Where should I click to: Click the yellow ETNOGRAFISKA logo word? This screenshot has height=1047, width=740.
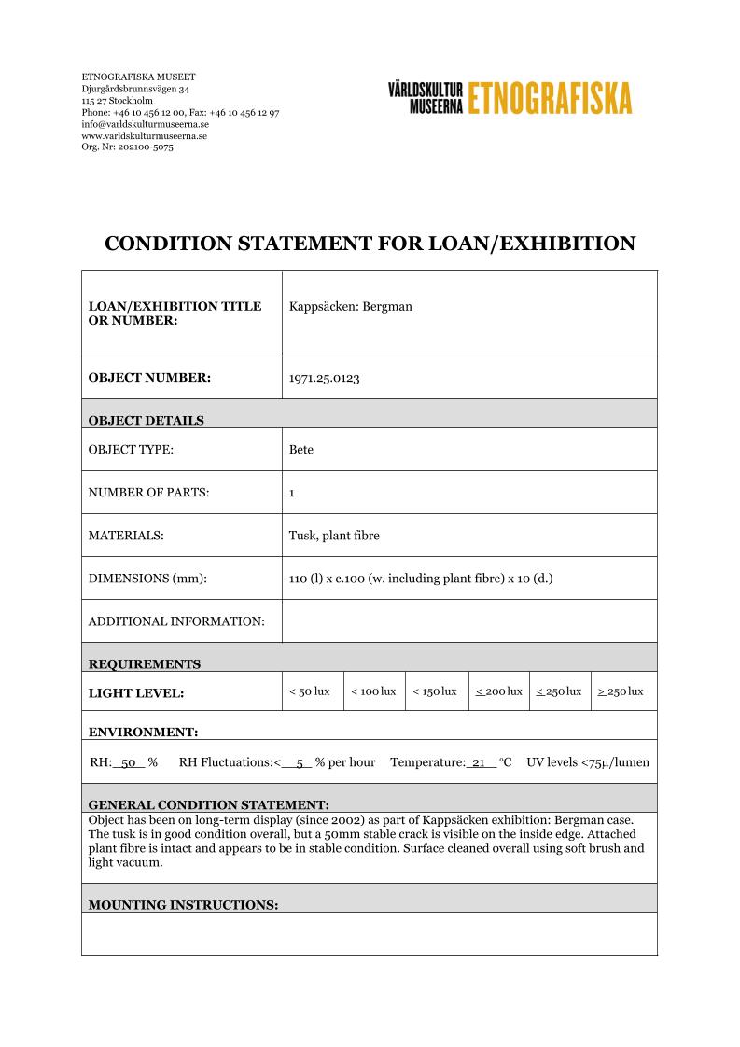coord(550,97)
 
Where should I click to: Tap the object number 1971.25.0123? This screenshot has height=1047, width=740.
coord(325,378)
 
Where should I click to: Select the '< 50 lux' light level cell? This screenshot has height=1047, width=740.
coord(310,691)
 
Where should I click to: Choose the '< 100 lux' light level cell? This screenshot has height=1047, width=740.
coord(373,691)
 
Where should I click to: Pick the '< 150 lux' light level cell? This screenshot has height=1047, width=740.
coord(435,691)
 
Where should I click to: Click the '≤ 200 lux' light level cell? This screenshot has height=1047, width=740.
coord(498,691)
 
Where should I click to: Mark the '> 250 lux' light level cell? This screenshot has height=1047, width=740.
coord(621,691)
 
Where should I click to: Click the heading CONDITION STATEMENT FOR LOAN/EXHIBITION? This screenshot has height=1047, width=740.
coord(370,244)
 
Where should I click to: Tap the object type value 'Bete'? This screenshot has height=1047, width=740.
coord(301,450)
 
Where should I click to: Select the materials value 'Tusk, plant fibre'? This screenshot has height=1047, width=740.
coord(334,536)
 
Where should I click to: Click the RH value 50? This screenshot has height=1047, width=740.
coord(130,762)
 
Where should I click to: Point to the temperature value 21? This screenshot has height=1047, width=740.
coord(480,762)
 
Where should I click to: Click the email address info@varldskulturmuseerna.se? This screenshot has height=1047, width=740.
coord(145,123)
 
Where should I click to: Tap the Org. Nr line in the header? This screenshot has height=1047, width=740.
coord(127,147)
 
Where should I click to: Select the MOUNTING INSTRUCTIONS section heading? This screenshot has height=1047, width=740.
coord(183,904)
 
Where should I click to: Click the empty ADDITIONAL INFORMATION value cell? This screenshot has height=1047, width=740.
coord(469,621)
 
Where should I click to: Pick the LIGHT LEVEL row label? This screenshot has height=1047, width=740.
coord(136,693)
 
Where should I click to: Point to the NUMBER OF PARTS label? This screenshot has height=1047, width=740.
coord(148,493)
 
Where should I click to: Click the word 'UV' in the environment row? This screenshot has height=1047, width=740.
coord(537,762)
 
